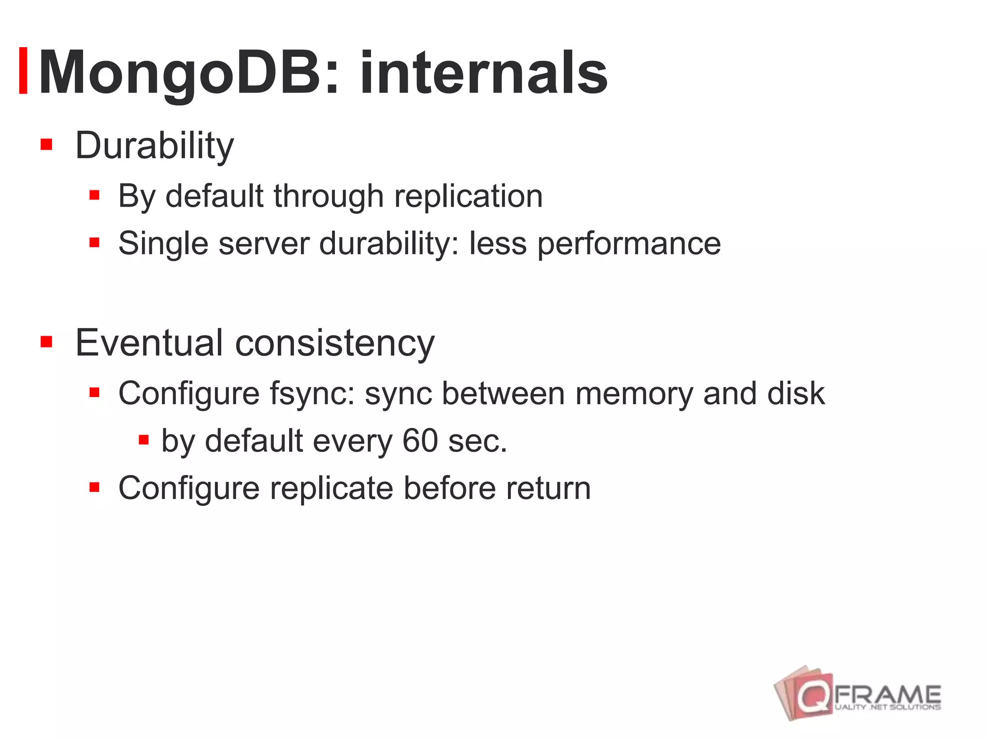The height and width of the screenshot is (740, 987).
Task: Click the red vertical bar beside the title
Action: coord(23,70)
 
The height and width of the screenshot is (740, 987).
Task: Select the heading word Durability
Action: coord(154,145)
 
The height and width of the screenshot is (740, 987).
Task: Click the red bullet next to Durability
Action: coord(46,145)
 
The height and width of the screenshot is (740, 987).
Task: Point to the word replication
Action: coord(468,196)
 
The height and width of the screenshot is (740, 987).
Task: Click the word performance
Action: coord(628,243)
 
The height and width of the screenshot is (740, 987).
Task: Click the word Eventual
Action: coord(149,343)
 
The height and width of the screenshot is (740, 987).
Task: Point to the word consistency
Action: coord(334,343)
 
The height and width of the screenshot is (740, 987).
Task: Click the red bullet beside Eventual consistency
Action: coord(46,342)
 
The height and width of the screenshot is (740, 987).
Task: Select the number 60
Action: coord(420,440)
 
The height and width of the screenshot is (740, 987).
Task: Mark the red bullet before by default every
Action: coord(144,439)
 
